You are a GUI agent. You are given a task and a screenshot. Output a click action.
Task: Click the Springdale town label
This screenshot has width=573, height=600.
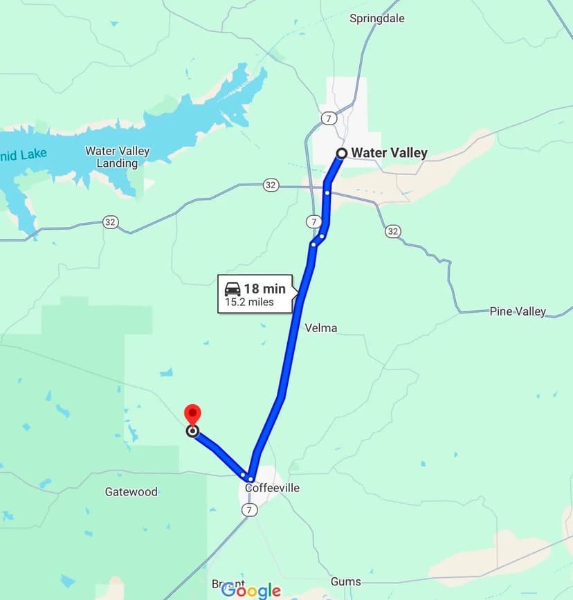(x=376, y=18)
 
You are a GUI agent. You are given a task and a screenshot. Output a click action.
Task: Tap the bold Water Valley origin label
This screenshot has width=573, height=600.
(x=389, y=153)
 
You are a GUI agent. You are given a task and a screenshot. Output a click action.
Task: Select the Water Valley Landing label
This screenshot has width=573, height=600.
(x=117, y=157)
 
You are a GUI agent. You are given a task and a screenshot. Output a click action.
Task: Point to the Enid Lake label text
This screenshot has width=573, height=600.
(x=24, y=154)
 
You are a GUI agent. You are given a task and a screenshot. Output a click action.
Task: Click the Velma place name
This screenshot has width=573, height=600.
(x=321, y=327)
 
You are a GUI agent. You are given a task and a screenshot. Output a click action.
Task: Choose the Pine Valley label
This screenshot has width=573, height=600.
(x=518, y=311)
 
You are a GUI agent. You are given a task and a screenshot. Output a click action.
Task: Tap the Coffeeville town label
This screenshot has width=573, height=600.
(x=272, y=488)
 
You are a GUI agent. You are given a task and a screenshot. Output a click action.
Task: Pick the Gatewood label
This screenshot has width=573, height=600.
(x=131, y=492)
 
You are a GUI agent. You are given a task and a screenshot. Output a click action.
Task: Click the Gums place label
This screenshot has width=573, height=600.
(x=345, y=581)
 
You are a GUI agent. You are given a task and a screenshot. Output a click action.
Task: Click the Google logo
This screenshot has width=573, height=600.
(x=251, y=590)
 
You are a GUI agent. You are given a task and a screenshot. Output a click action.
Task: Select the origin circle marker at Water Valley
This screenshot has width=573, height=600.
(x=341, y=153)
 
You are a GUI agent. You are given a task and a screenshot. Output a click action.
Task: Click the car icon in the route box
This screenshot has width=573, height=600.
(x=233, y=289)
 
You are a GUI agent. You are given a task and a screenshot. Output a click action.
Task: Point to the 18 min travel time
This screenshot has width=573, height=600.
(x=264, y=289)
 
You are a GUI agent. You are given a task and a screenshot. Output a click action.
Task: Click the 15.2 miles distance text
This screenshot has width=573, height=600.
(x=249, y=302)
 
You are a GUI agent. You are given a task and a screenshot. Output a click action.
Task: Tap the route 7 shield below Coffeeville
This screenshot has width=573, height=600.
(x=250, y=509)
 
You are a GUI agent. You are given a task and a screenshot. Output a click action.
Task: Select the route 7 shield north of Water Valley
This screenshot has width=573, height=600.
(x=329, y=118)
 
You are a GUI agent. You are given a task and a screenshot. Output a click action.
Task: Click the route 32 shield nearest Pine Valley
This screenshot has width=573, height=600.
(x=393, y=231)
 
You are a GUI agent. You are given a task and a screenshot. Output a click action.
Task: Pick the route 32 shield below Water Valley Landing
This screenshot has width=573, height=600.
(x=110, y=222)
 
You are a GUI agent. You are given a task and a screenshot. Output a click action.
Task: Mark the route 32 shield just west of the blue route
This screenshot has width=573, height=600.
(x=271, y=185)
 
